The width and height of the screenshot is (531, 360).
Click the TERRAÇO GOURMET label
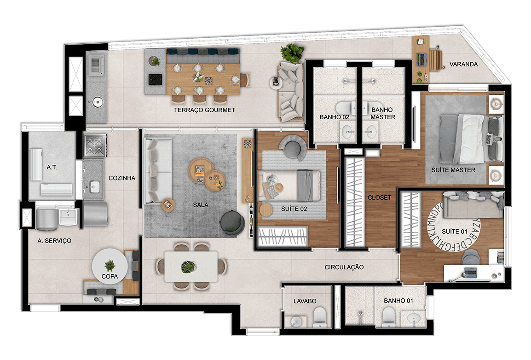point(204,110)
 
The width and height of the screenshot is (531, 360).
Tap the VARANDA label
point(463,64)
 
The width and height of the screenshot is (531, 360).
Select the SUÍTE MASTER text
point(453,170)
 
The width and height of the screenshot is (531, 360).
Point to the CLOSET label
point(379,197)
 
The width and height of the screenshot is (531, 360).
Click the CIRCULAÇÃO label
point(344,267)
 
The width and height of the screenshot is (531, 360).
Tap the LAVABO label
point(305,301)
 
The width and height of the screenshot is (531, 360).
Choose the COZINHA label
point(122,178)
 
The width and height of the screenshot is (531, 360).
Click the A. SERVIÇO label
point(54,241)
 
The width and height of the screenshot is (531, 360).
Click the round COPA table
point(110,266)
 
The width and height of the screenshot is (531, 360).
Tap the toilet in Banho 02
point(346,108)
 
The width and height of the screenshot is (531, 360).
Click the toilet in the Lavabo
point(319,318)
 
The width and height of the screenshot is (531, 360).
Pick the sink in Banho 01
point(414,319)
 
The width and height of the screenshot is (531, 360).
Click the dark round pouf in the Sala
point(232,222)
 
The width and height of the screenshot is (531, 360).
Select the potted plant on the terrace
point(292,53)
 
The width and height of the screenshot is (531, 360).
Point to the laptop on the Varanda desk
point(421,59)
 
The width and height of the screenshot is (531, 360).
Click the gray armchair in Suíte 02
point(293,147)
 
